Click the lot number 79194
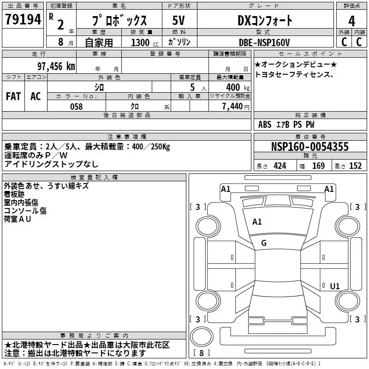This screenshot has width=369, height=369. pos(23,19)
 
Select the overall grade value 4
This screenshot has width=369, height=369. pos(351,21)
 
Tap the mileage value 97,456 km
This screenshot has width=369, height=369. pos(56,66)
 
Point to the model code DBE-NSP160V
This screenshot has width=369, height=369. pos(264,42)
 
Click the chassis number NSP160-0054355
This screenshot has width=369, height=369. pos(309,147)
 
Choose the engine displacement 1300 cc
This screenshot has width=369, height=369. pos(145,42)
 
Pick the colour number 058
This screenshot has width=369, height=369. pos(77,107)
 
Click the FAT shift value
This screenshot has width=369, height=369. pos(13,96)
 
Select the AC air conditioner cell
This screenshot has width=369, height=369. pos(36,96)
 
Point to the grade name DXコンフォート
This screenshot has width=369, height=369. pos(265,20)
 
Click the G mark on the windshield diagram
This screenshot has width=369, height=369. pos(264,243)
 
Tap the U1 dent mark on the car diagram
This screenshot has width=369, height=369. pos(335,286)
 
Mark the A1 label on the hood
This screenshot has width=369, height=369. pos(257,222)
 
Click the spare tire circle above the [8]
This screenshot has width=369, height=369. pos(202,337)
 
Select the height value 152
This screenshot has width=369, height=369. pos(355,166)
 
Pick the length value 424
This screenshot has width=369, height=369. pos(280,166)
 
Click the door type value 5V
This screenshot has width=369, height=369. pos(179,20)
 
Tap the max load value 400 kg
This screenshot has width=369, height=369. pos(238,87)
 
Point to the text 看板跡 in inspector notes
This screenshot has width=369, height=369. pos(14,194)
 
